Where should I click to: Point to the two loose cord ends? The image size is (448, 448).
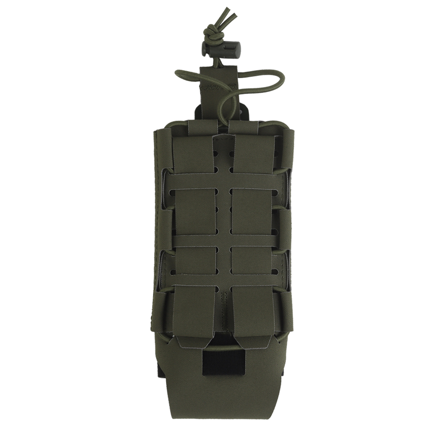230,16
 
